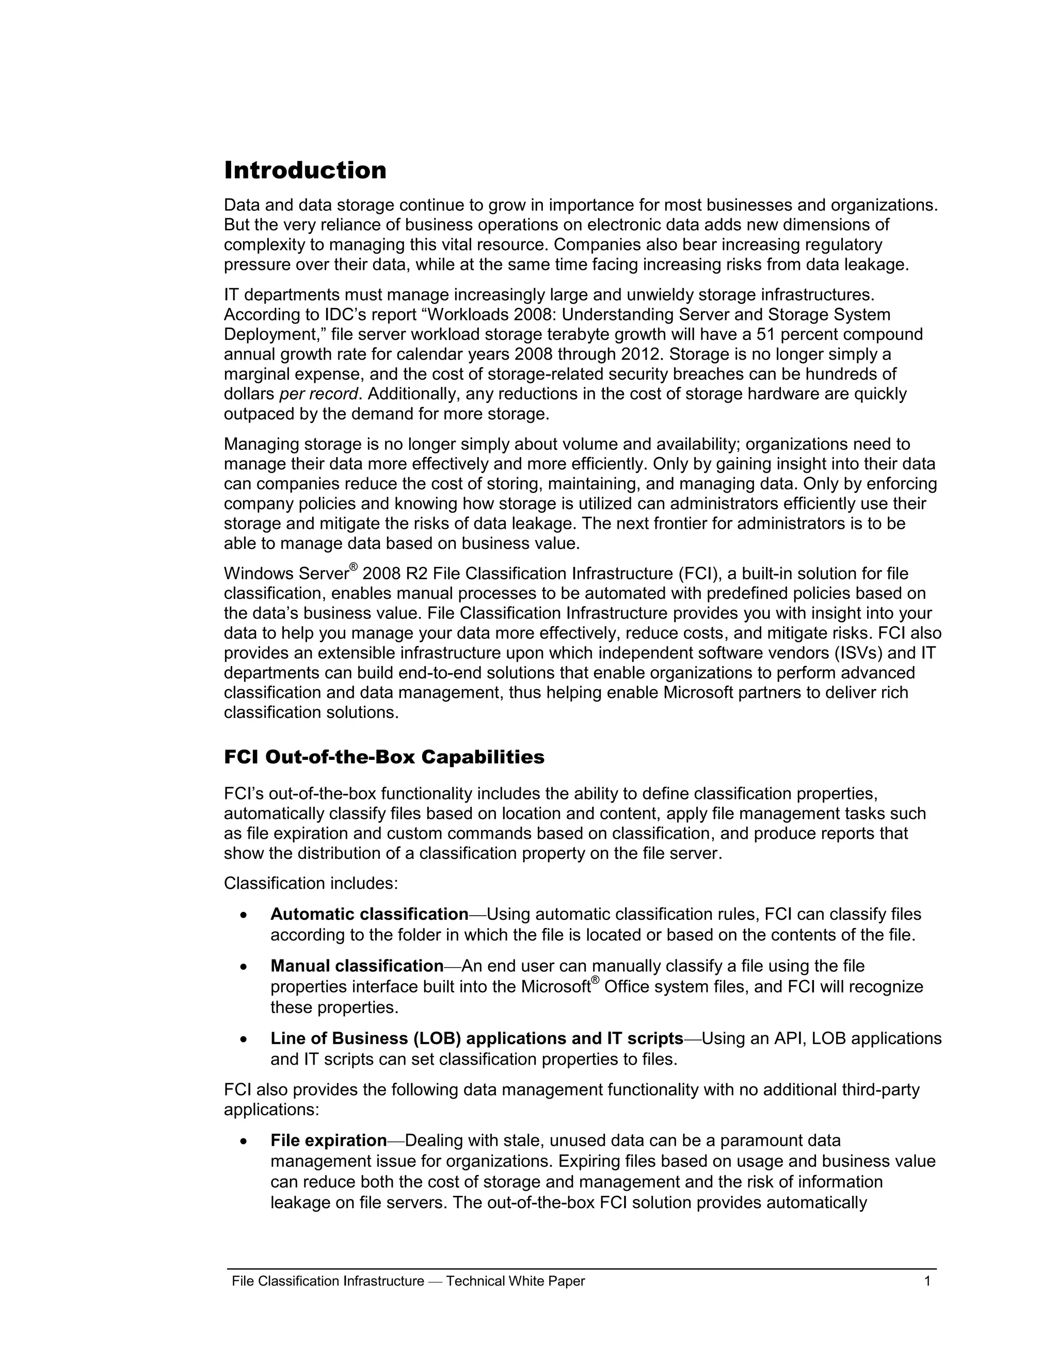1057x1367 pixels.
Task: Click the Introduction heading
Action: pyautogui.click(x=305, y=171)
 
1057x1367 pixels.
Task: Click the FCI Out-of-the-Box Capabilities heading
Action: pyautogui.click(x=384, y=757)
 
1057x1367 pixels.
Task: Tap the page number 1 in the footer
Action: pyautogui.click(x=927, y=1281)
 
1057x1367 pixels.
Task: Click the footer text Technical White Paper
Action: pyautogui.click(x=516, y=1281)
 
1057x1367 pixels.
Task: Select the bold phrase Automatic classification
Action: pyautogui.click(x=369, y=915)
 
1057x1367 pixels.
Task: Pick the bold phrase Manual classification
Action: pyautogui.click(x=357, y=966)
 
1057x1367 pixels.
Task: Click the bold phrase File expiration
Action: pyautogui.click(x=328, y=1141)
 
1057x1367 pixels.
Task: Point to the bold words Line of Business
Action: pyautogui.click(x=339, y=1038)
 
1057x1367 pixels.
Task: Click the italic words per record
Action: pyautogui.click(x=319, y=394)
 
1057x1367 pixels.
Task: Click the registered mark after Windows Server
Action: pyautogui.click(x=353, y=567)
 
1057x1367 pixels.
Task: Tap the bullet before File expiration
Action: pyautogui.click(x=244, y=1141)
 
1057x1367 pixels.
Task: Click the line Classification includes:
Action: pyautogui.click(x=311, y=883)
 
